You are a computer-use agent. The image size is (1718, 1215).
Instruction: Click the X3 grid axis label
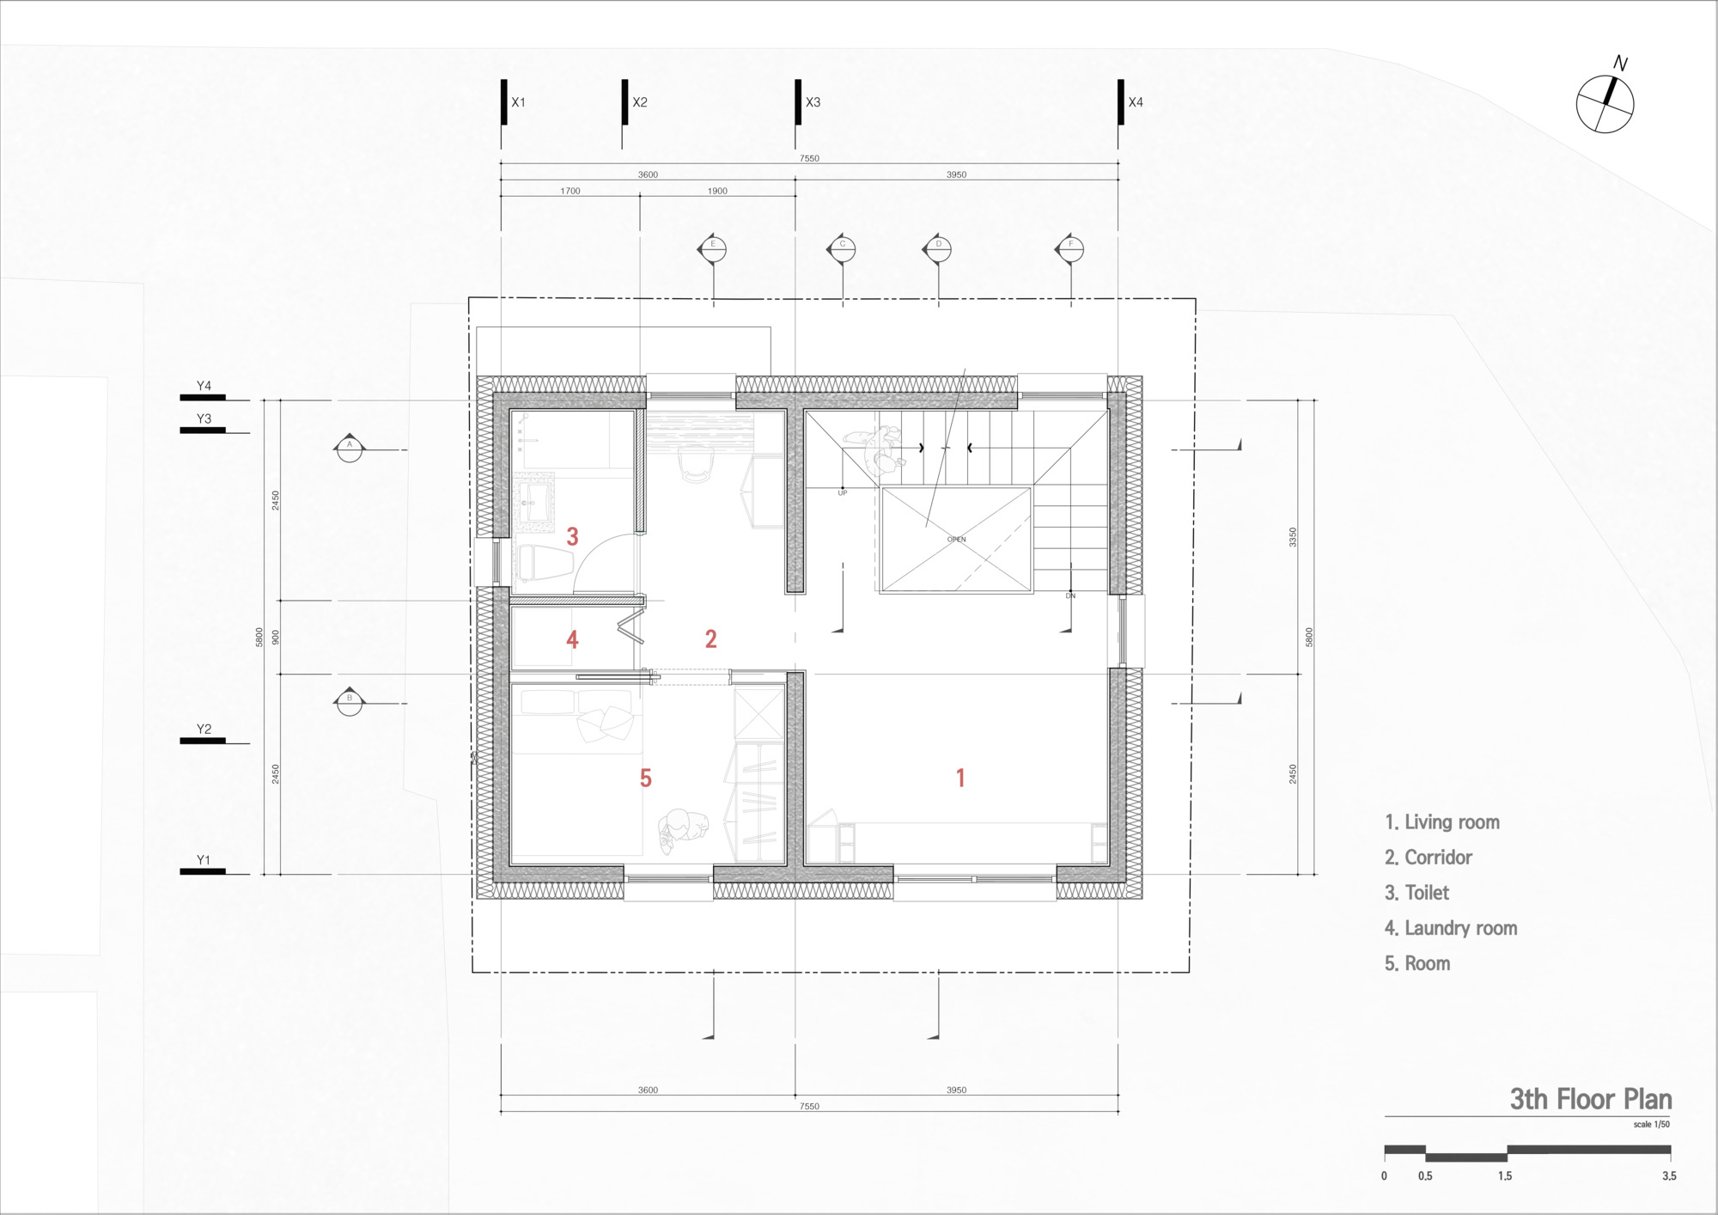pos(813,102)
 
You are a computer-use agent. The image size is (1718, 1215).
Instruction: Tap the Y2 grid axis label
pos(204,730)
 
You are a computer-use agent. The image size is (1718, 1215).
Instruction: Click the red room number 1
pos(960,778)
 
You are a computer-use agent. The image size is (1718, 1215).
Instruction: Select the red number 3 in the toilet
pos(572,537)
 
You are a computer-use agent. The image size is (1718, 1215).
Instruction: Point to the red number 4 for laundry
pos(572,639)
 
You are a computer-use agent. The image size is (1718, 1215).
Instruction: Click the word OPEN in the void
pos(956,540)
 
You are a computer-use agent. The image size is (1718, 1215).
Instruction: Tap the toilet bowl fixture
pos(545,563)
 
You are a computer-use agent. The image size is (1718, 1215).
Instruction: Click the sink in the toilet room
pos(534,499)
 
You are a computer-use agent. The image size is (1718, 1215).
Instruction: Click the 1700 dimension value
pos(570,191)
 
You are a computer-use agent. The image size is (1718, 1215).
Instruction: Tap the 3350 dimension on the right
pos(1293,538)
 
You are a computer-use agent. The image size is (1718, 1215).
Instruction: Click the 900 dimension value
pos(276,638)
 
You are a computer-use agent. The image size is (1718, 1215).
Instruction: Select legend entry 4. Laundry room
pos(1451,928)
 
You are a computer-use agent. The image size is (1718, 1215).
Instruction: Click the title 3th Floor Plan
pos(1590,1099)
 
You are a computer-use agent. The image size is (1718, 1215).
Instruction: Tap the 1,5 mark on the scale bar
pos(1505,1175)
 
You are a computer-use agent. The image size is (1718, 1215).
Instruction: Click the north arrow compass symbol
pos(1605,103)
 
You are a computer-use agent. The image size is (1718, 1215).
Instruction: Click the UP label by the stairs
pos(842,493)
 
